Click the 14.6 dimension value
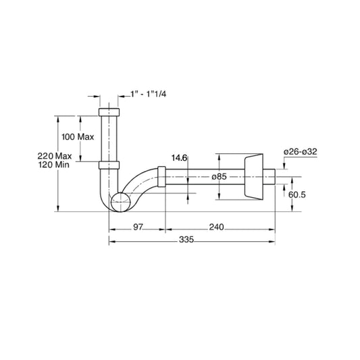[x=179, y=157]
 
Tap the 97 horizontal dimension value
[x=137, y=228]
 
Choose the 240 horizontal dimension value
[x=216, y=228]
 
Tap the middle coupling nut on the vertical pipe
[x=109, y=164]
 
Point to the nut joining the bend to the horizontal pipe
[x=161, y=176]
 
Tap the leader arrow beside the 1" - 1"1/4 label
[x=125, y=95]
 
